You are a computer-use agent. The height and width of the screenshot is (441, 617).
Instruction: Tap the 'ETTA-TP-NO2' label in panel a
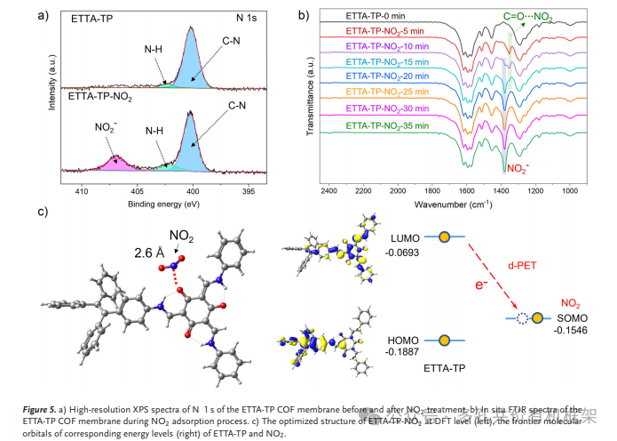coord(99,94)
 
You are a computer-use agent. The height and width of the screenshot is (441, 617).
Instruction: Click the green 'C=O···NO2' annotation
coord(531,16)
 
